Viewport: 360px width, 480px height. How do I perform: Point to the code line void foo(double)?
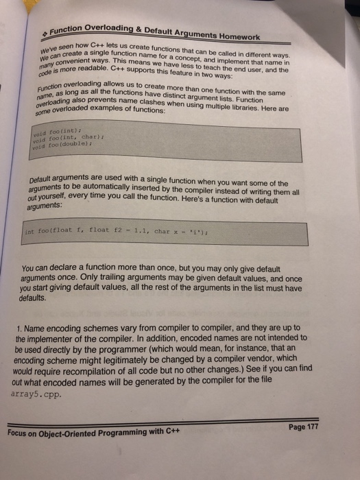[63, 145]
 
